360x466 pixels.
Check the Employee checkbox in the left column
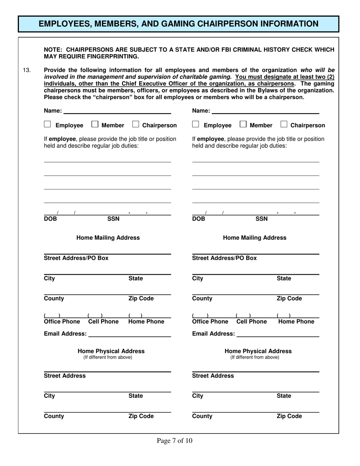pyautogui.click(x=47, y=125)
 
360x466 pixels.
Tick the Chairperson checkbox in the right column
pyautogui.click(x=284, y=125)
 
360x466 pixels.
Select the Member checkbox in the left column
pyautogui.click(x=95, y=125)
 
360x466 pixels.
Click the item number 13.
pyautogui.click(x=27, y=70)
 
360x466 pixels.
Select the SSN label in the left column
pyautogui.click(x=113, y=219)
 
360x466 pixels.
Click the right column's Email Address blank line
pyautogui.click(x=278, y=334)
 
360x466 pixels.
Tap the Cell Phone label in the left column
pyautogui.click(x=103, y=322)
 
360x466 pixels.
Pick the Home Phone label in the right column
pyautogui.click(x=296, y=322)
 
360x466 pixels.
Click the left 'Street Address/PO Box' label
pyautogui.click(x=76, y=258)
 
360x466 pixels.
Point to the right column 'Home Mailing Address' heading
pyautogui.click(x=255, y=238)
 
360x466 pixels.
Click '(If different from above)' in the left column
pyautogui.click(x=108, y=357)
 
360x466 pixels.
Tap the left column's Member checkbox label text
pyautogui.click(x=113, y=125)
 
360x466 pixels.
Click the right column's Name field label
pyautogui.click(x=201, y=111)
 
